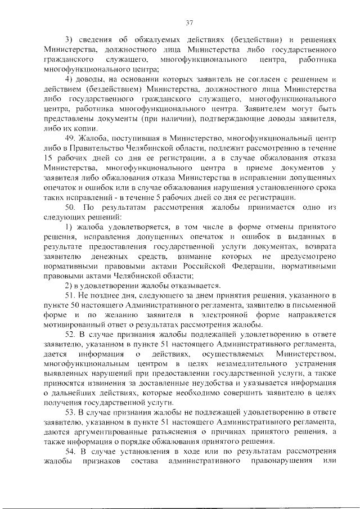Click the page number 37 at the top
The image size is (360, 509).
(x=189, y=23)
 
